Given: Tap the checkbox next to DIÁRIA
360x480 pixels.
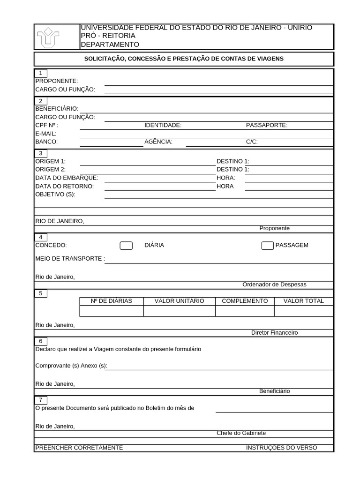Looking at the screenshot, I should [x=126, y=246].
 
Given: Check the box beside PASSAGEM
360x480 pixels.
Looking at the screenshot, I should [x=267, y=246].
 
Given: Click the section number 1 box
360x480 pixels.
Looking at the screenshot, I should [x=41, y=73].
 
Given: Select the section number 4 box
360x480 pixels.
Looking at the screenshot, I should [x=41, y=237].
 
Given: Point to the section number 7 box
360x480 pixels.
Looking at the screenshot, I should [x=41, y=400].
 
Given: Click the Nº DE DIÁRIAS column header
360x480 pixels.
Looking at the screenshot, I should [x=111, y=301].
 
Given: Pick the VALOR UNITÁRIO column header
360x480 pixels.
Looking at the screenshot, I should [x=179, y=301].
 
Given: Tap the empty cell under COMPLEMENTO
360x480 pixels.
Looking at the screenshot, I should [x=245, y=311].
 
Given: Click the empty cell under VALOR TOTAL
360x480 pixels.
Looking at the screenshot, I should [x=303, y=311].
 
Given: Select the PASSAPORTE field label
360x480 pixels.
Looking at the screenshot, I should [x=267, y=125].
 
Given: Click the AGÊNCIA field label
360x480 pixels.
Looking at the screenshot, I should [x=158, y=142].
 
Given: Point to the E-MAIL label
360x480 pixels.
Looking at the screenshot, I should [x=46, y=134].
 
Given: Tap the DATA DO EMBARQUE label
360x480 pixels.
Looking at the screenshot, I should [x=67, y=178].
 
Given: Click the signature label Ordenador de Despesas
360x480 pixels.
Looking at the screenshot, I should [x=274, y=285].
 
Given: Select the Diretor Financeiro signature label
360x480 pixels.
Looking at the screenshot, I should [x=274, y=333].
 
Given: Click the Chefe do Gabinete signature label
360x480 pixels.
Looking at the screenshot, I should [x=241, y=433].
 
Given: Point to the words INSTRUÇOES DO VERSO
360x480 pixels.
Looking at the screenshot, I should [x=281, y=448].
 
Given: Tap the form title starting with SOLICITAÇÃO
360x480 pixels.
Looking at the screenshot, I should [x=184, y=59].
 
